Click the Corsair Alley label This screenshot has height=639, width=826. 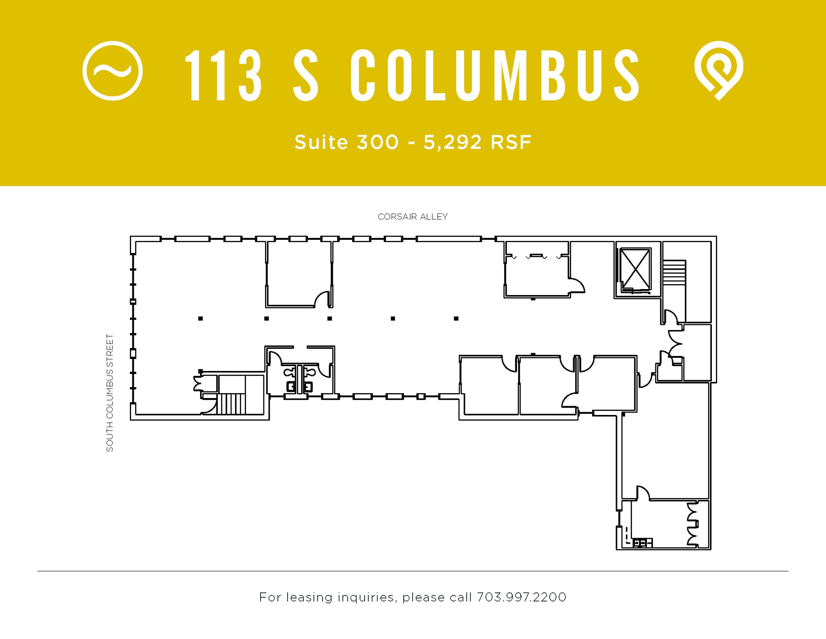(413, 217)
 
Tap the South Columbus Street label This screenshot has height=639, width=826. (110, 393)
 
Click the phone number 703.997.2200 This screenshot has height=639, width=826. (521, 597)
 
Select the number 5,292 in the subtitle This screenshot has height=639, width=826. (453, 142)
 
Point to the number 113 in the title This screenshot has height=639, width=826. (223, 75)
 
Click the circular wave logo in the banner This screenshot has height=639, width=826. (113, 71)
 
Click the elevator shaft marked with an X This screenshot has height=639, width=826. (635, 269)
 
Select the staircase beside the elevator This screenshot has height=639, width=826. (674, 272)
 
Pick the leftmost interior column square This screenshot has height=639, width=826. (200, 318)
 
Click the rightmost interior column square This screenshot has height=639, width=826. (456, 318)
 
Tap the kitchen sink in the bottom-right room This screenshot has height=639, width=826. (639, 543)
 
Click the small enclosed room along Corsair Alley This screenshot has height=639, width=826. (298, 274)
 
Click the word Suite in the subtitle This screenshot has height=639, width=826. (321, 142)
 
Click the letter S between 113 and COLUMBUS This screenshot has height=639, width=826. (306, 75)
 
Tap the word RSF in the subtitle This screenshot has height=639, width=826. (511, 142)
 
